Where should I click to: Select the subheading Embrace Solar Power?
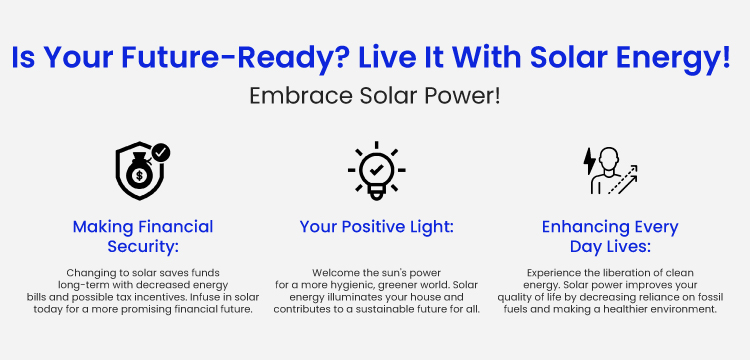tap(375, 97)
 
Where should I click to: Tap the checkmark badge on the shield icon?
tap(161, 153)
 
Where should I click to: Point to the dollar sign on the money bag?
tap(139, 176)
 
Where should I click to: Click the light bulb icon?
tap(376, 171)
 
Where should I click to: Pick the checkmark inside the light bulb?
tap(376, 169)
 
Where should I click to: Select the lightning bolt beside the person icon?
tap(589, 161)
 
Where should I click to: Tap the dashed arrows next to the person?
tap(623, 180)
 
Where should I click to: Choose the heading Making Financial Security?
tap(143, 237)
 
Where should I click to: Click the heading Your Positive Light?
tap(376, 227)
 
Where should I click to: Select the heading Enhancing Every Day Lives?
tap(610, 237)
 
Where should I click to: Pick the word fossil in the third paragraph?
tap(711, 297)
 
